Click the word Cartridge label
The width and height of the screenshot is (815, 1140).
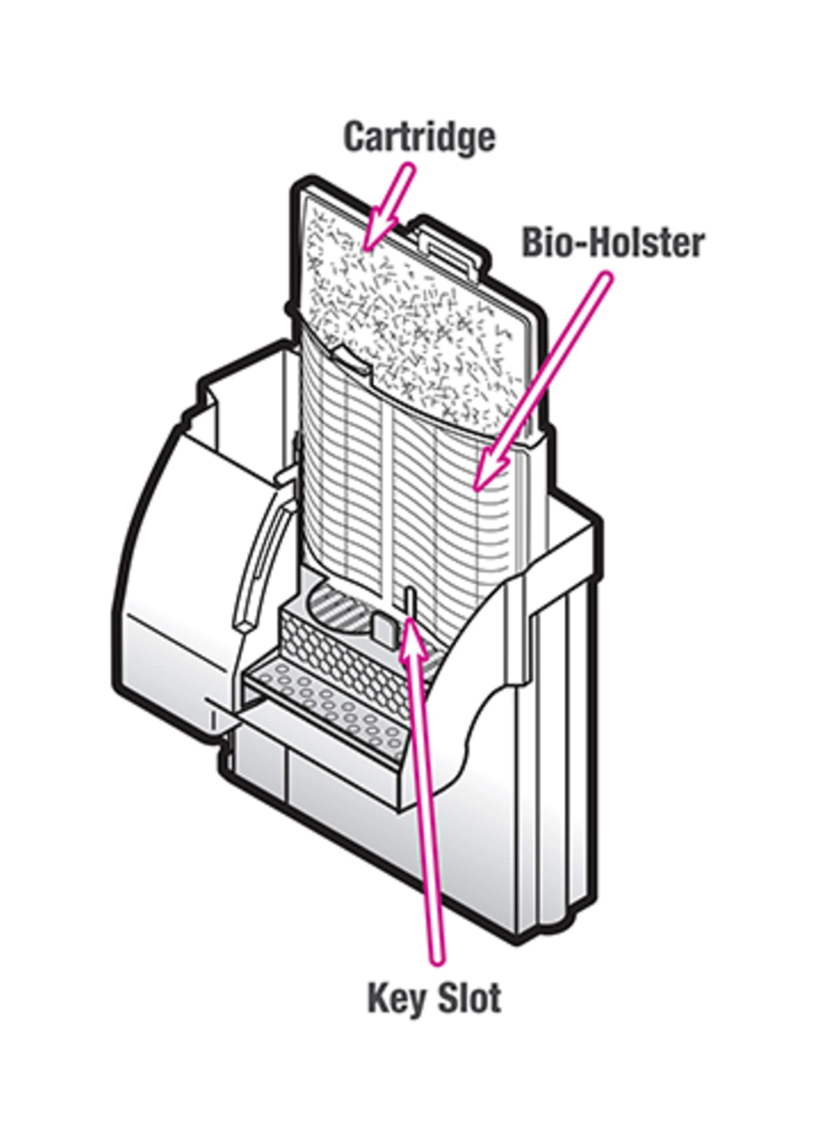[419, 138]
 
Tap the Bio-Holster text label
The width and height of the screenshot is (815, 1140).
[613, 243]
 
